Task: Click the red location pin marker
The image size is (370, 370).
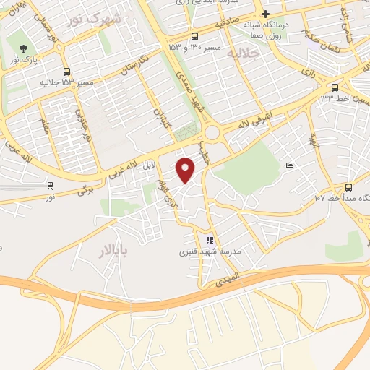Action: click(x=186, y=169)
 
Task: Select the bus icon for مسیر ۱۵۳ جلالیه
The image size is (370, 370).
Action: click(x=67, y=72)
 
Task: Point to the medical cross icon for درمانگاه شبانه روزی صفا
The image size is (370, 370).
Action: click(x=265, y=14)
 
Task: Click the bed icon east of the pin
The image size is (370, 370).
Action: click(x=290, y=167)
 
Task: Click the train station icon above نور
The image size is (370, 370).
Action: click(x=49, y=186)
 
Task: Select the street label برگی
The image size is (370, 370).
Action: click(x=85, y=191)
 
